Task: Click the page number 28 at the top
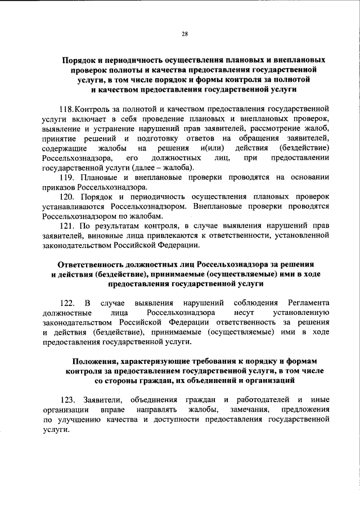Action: pos(184,34)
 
